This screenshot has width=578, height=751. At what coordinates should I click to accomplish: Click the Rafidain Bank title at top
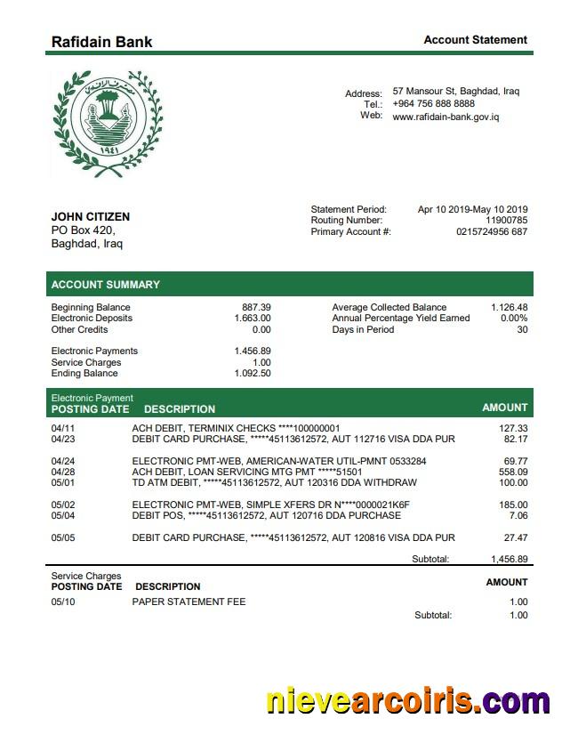(101, 42)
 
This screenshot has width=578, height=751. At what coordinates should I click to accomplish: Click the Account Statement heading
(475, 40)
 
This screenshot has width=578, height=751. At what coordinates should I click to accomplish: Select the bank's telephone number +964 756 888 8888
(433, 104)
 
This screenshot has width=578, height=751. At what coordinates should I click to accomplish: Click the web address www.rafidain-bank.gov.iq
(446, 117)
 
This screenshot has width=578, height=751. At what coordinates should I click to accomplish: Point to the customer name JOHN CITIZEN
(91, 217)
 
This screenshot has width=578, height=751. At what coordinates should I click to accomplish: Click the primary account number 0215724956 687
(492, 232)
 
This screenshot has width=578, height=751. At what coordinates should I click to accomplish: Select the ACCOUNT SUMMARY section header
(106, 285)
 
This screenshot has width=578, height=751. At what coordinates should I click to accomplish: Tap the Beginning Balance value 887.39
(256, 307)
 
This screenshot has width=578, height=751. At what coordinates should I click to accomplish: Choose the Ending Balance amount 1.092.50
(253, 374)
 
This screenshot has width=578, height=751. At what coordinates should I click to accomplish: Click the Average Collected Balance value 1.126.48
(509, 307)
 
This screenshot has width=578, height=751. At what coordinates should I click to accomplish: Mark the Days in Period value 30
(522, 330)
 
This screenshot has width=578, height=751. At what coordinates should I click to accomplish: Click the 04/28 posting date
(63, 472)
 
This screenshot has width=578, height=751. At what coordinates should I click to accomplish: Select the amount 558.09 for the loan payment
(513, 472)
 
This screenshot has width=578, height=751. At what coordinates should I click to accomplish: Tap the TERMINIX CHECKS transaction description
(236, 428)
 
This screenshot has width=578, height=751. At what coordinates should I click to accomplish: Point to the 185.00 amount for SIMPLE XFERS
(513, 505)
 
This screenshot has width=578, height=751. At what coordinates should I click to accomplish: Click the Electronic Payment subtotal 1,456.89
(510, 560)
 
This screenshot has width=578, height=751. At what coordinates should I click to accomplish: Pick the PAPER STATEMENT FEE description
(189, 602)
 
